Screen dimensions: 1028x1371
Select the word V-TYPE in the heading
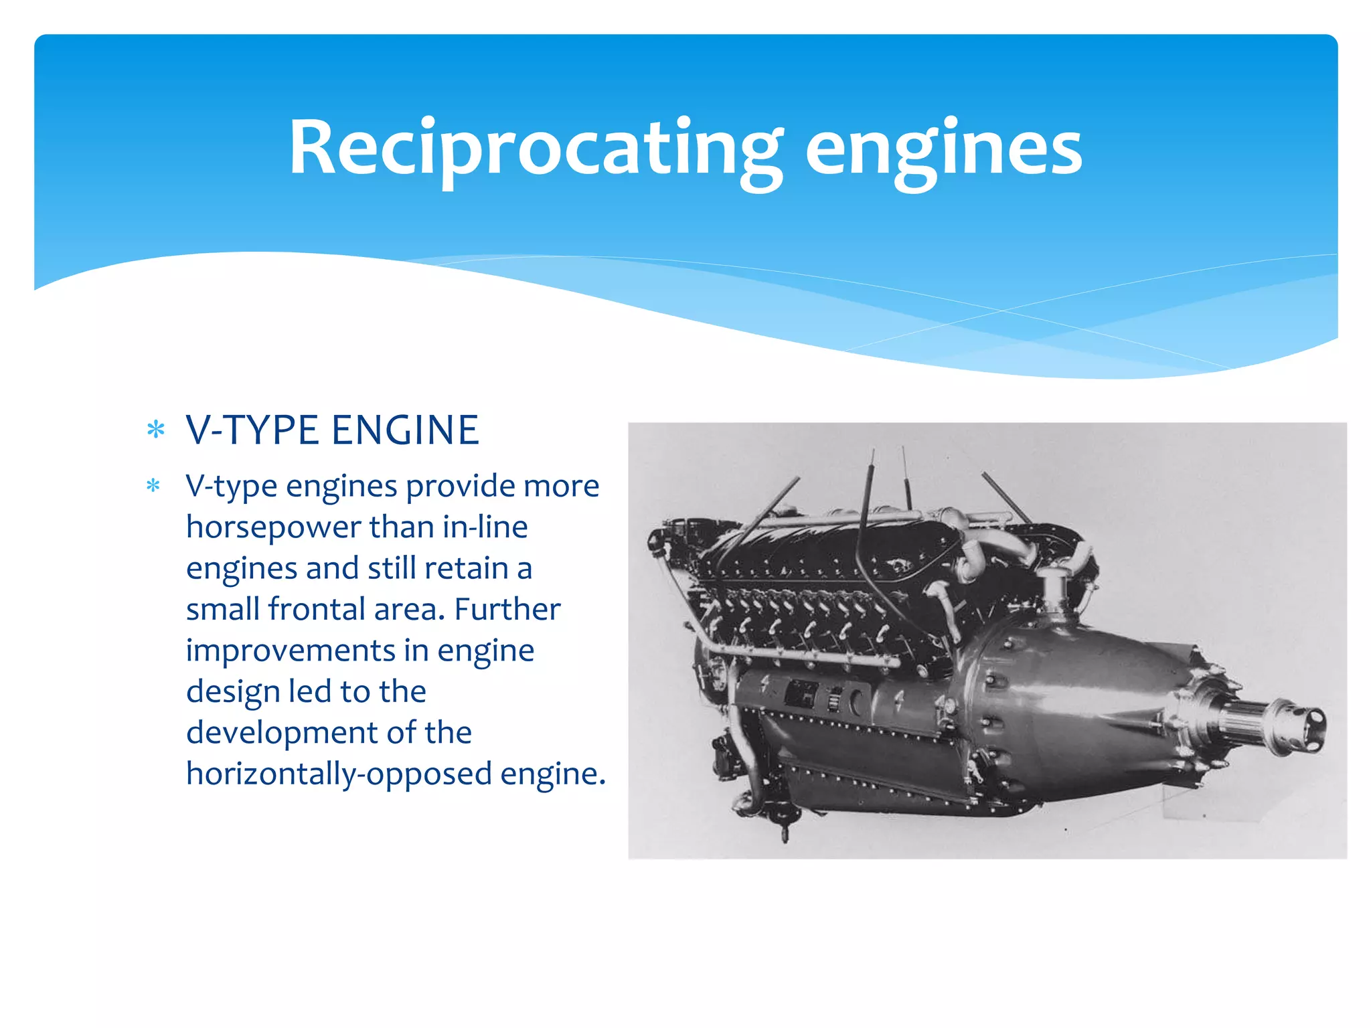[x=252, y=430]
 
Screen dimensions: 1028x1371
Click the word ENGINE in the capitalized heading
[x=406, y=430]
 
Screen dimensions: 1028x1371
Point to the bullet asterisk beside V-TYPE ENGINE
[x=155, y=430]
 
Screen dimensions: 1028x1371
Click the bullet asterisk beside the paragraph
[x=153, y=485]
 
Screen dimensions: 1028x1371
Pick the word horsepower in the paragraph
[x=273, y=527]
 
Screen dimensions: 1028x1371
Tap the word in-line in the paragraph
[x=485, y=527]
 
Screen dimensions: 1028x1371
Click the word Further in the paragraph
[x=507, y=609]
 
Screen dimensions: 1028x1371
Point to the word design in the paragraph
[x=232, y=692]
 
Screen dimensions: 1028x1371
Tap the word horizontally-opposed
[x=339, y=774]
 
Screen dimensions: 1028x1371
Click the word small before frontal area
[x=222, y=609]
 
